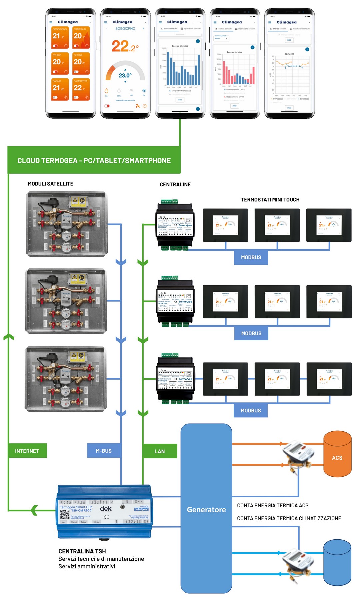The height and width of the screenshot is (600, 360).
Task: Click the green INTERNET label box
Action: [x=27, y=451]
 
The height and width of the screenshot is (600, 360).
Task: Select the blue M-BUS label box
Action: [x=104, y=451]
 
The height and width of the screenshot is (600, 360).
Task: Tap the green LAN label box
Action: [x=159, y=451]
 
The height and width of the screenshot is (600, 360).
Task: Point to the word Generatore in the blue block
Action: [x=206, y=509]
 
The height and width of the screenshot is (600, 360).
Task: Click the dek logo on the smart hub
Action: [x=106, y=509]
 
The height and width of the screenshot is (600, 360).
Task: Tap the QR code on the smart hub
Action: [x=65, y=514]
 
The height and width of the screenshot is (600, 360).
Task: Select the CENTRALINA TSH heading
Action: [x=82, y=551]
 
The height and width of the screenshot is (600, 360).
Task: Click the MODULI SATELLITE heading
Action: [x=51, y=184]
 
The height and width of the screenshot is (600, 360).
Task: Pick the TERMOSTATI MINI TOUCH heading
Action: [x=270, y=200]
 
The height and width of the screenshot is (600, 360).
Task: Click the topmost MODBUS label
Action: [x=251, y=257]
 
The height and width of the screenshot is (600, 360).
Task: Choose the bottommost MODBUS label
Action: [x=251, y=411]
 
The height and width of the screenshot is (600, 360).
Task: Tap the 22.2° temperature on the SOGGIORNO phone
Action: [x=125, y=46]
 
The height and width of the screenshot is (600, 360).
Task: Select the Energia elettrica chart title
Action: [x=180, y=46]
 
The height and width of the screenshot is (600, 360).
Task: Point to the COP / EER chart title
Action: [x=289, y=54]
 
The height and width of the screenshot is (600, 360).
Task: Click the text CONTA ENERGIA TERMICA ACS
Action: [x=273, y=506]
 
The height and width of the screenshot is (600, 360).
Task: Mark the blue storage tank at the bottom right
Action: [x=337, y=563]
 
